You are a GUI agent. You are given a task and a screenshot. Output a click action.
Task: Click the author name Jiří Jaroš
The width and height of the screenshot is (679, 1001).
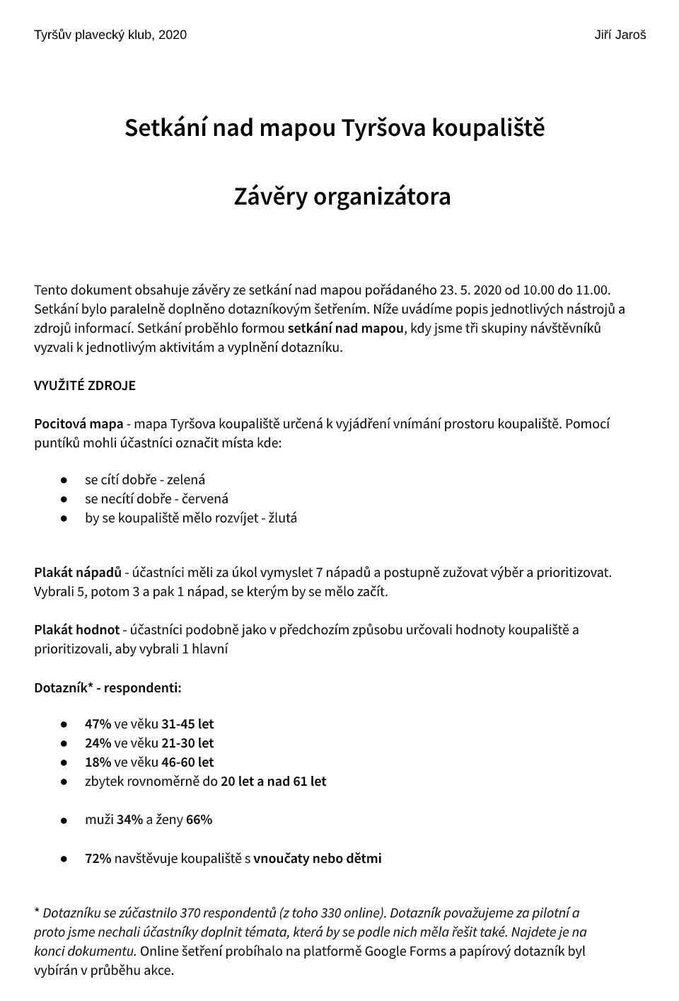pyautogui.click(x=620, y=35)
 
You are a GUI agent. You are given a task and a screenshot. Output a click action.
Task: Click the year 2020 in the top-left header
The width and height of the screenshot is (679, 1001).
pyautogui.click(x=173, y=35)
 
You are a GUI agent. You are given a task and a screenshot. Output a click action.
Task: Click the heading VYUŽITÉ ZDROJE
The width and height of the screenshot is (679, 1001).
pyautogui.click(x=85, y=386)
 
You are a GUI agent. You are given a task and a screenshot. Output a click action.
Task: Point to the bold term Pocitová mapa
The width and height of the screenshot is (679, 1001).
pyautogui.click(x=79, y=424)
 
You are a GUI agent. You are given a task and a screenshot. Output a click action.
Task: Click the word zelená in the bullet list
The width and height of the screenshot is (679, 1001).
pyautogui.click(x=186, y=480)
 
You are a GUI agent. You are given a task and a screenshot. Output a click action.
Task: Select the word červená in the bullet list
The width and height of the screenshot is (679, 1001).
pyautogui.click(x=205, y=499)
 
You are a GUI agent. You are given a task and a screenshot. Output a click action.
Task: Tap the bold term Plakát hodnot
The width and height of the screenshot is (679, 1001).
pyautogui.click(x=76, y=630)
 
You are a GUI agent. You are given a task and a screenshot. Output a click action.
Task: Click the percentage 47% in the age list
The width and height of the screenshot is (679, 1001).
pyautogui.click(x=98, y=724)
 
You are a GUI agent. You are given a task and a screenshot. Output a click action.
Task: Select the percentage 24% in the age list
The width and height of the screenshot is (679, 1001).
pyautogui.click(x=98, y=743)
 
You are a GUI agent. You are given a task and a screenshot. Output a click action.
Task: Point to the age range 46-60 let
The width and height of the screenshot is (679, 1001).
pyautogui.click(x=187, y=762)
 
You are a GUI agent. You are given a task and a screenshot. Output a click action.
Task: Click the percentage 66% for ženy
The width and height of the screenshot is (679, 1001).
pyautogui.click(x=199, y=820)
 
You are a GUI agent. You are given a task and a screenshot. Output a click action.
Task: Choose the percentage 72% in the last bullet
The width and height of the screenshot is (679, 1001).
pyautogui.click(x=98, y=859)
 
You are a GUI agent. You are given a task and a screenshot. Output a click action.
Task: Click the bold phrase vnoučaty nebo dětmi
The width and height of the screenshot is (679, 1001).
pyautogui.click(x=318, y=859)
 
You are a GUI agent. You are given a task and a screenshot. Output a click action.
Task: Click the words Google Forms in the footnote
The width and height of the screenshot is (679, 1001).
pyautogui.click(x=405, y=951)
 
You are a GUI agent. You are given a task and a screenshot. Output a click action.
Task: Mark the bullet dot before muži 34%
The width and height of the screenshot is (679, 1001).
pyautogui.click(x=64, y=820)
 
